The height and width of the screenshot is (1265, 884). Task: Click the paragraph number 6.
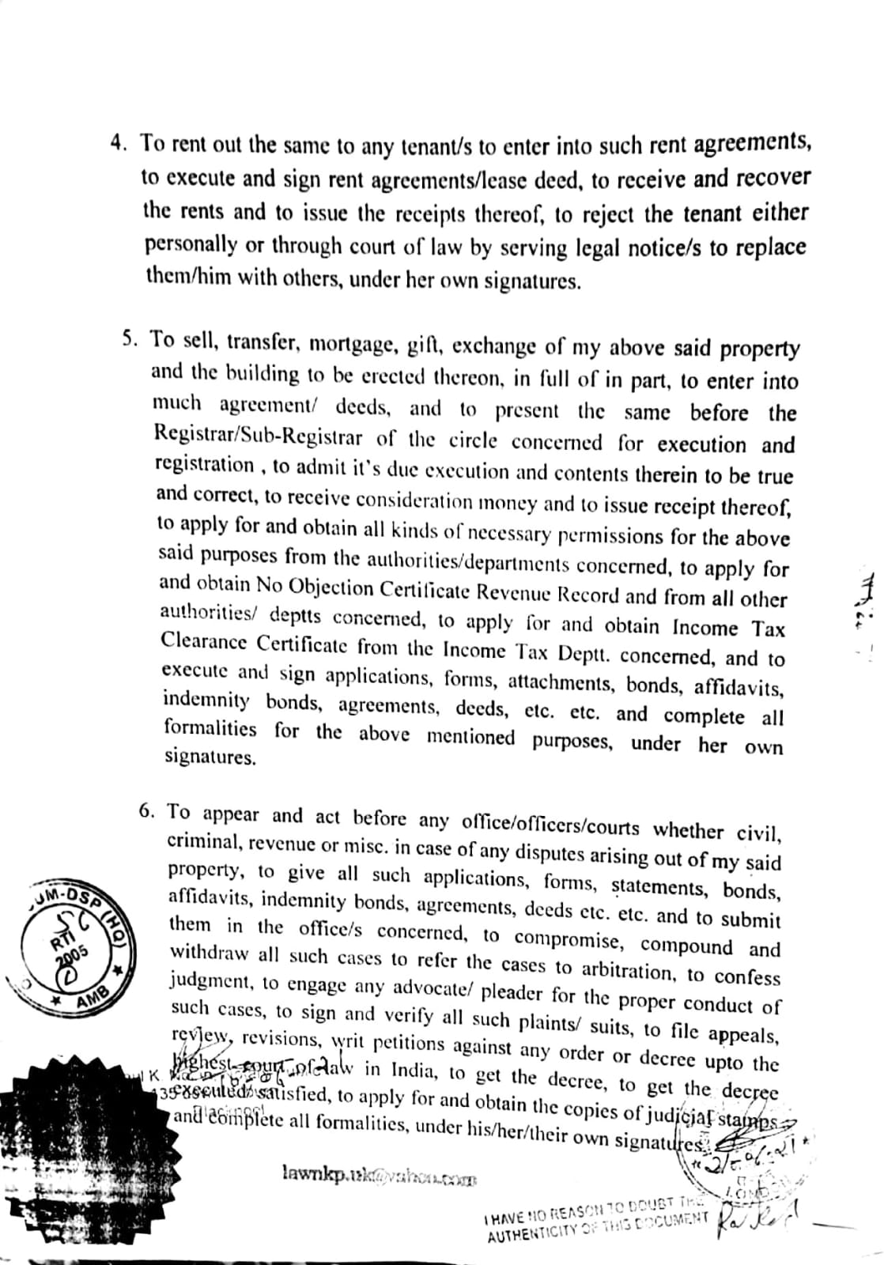click(x=145, y=811)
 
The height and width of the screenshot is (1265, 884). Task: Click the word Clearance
click(x=200, y=642)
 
